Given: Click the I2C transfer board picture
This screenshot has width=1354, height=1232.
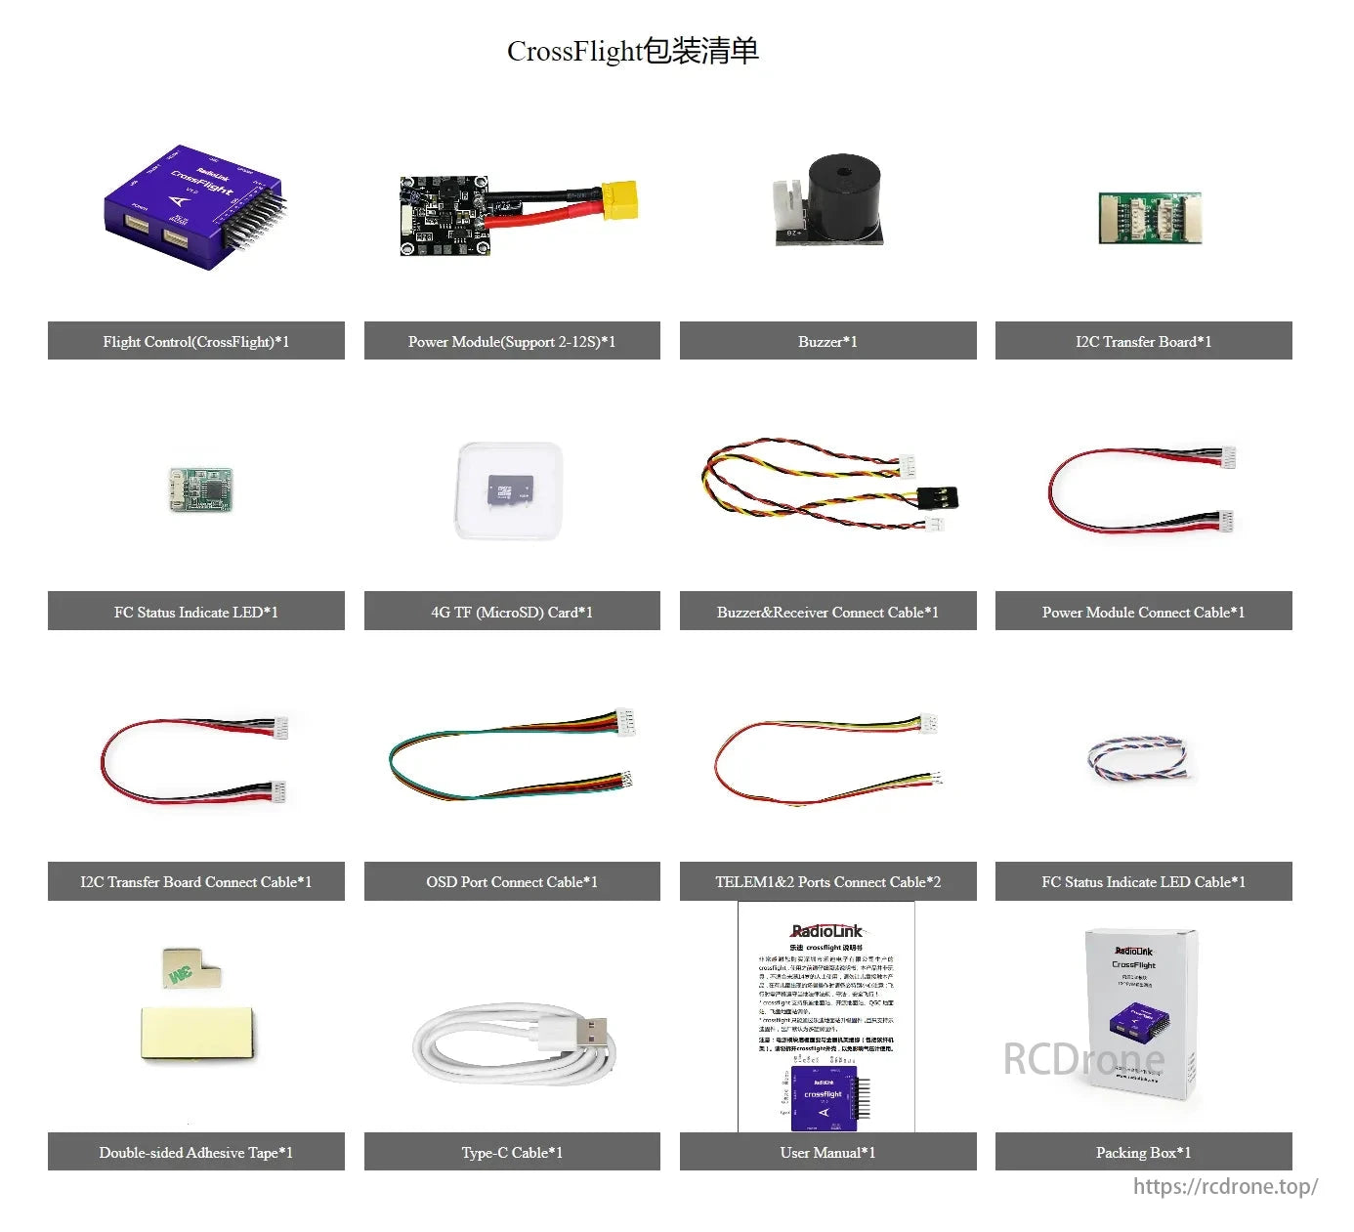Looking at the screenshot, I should tap(1150, 218).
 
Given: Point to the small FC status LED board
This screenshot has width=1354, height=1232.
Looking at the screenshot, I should tap(201, 489).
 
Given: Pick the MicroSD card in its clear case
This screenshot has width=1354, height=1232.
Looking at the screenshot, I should tap(511, 489).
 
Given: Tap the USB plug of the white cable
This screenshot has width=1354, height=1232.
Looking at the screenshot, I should tap(585, 1032).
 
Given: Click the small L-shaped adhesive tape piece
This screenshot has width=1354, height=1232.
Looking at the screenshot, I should tap(190, 966).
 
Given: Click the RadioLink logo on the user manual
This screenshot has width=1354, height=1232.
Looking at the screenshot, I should tap(826, 931).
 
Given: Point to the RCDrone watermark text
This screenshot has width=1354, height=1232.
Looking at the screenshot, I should tap(1083, 1058).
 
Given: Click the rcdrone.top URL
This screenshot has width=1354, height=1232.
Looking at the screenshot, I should tap(1225, 1186).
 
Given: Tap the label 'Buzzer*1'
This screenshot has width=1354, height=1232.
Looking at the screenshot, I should tap(827, 342).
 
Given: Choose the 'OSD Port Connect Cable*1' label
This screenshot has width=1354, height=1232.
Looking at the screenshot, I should tap(512, 882).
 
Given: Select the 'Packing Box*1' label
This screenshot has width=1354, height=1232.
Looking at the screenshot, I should tap(1143, 1153).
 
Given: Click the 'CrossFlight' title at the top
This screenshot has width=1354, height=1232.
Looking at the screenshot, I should tap(632, 51).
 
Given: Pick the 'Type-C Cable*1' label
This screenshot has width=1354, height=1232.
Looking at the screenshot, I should tap(512, 1153).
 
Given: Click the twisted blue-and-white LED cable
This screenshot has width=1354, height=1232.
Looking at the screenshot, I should tap(1139, 759).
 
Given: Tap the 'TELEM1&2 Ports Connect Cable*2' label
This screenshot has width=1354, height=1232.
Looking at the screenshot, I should tap(827, 882).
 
